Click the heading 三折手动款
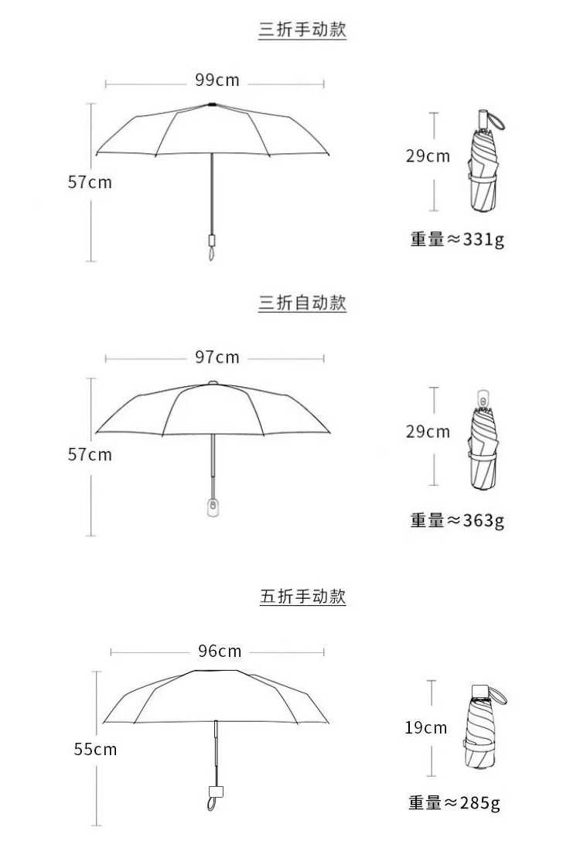302,31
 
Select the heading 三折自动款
302,303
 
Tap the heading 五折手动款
302,597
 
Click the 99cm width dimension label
217,80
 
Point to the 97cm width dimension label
217,357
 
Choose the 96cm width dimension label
219,651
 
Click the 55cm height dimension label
95,749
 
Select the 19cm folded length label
425,727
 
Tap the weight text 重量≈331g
456,239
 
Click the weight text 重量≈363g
456,520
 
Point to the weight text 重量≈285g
454,803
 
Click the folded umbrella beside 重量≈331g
484,166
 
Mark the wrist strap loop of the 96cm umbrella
211,804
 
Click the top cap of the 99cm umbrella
211,104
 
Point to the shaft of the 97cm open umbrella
213,460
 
